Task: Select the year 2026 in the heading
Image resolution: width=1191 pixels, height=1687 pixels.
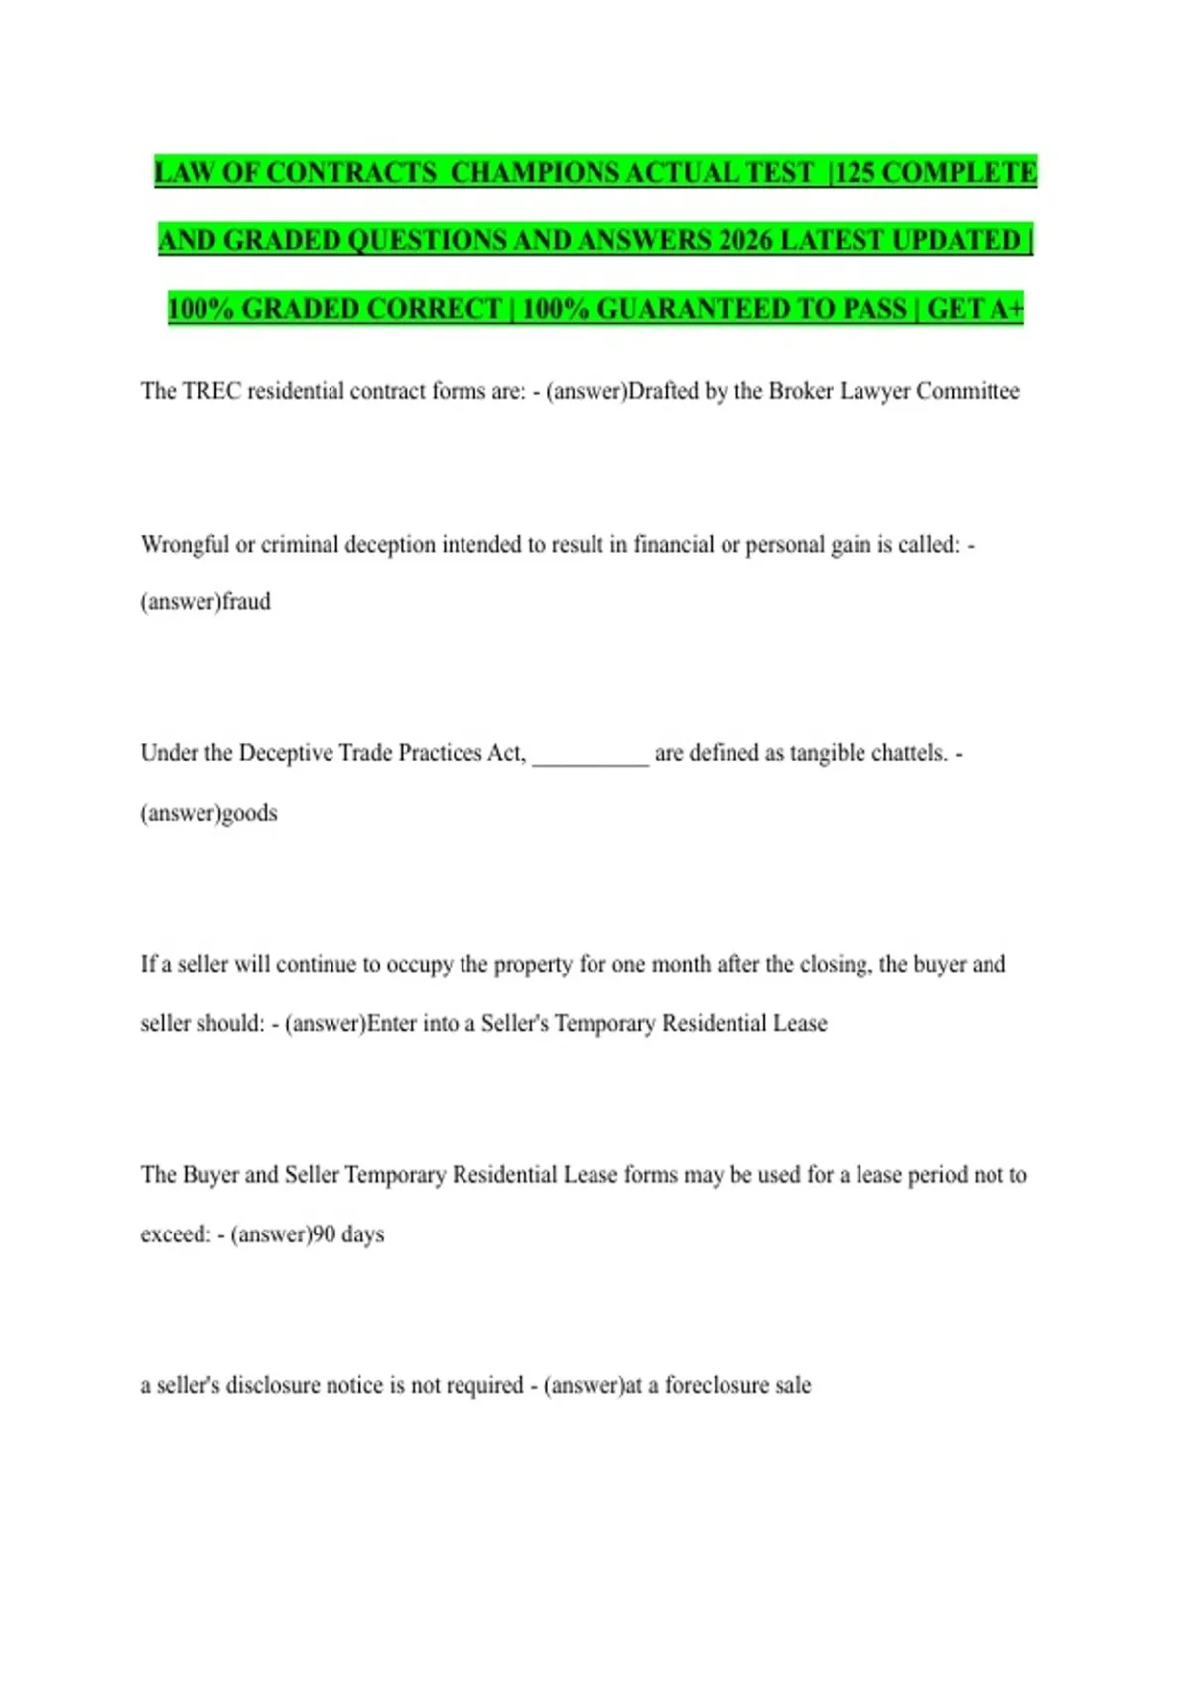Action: pos(745,241)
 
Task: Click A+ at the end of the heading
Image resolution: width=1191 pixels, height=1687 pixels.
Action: pos(1003,309)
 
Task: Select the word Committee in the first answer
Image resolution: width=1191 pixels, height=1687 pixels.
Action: pos(968,391)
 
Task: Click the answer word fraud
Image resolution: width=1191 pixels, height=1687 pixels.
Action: pos(246,602)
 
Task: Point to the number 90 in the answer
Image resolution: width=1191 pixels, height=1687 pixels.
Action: pos(324,1234)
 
